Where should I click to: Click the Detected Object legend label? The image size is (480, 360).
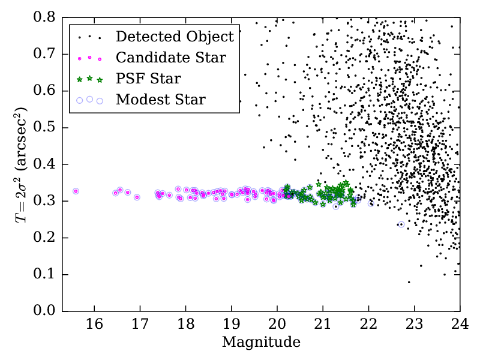pyautogui.click(x=175, y=37)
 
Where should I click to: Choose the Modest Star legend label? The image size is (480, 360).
pyautogui.click(x=160, y=99)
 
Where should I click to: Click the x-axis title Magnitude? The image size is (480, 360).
pyautogui.click(x=261, y=343)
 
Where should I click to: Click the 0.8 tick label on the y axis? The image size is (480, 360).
pyautogui.click(x=45, y=17)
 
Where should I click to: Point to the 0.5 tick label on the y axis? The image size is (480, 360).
pyautogui.click(x=45, y=128)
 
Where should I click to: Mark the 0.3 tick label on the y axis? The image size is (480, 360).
pyautogui.click(x=45, y=202)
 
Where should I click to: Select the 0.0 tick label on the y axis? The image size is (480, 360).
pyautogui.click(x=45, y=311)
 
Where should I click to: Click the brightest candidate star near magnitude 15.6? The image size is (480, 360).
pyautogui.click(x=76, y=191)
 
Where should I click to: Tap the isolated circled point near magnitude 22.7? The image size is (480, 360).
pyautogui.click(x=401, y=224)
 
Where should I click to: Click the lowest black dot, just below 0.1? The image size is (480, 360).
pyautogui.click(x=409, y=282)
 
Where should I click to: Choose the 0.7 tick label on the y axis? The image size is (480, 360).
pyautogui.click(x=45, y=54)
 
